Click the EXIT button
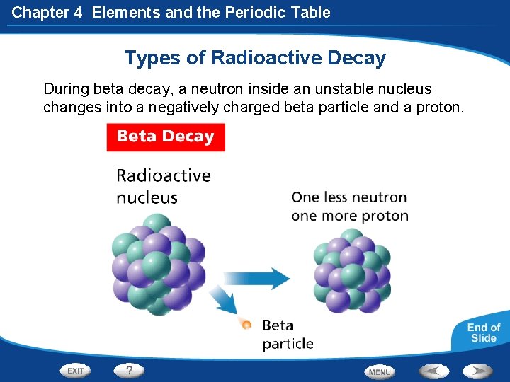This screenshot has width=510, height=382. tap(76, 370)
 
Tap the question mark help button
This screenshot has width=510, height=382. tap(129, 370)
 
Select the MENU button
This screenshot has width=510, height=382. tap(380, 371)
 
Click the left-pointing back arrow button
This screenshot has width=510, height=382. tap(433, 370)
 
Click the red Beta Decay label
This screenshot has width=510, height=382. tap(166, 137)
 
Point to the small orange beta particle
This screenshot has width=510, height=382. tap(246, 325)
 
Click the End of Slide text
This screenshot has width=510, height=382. tap(484, 332)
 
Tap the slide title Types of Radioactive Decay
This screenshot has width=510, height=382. tap(255, 57)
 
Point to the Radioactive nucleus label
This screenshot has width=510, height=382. tap(163, 185)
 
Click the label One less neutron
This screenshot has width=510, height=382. tap(349, 197)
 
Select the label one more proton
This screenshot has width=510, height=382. tap(349, 216)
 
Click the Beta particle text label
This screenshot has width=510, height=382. tap(288, 335)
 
